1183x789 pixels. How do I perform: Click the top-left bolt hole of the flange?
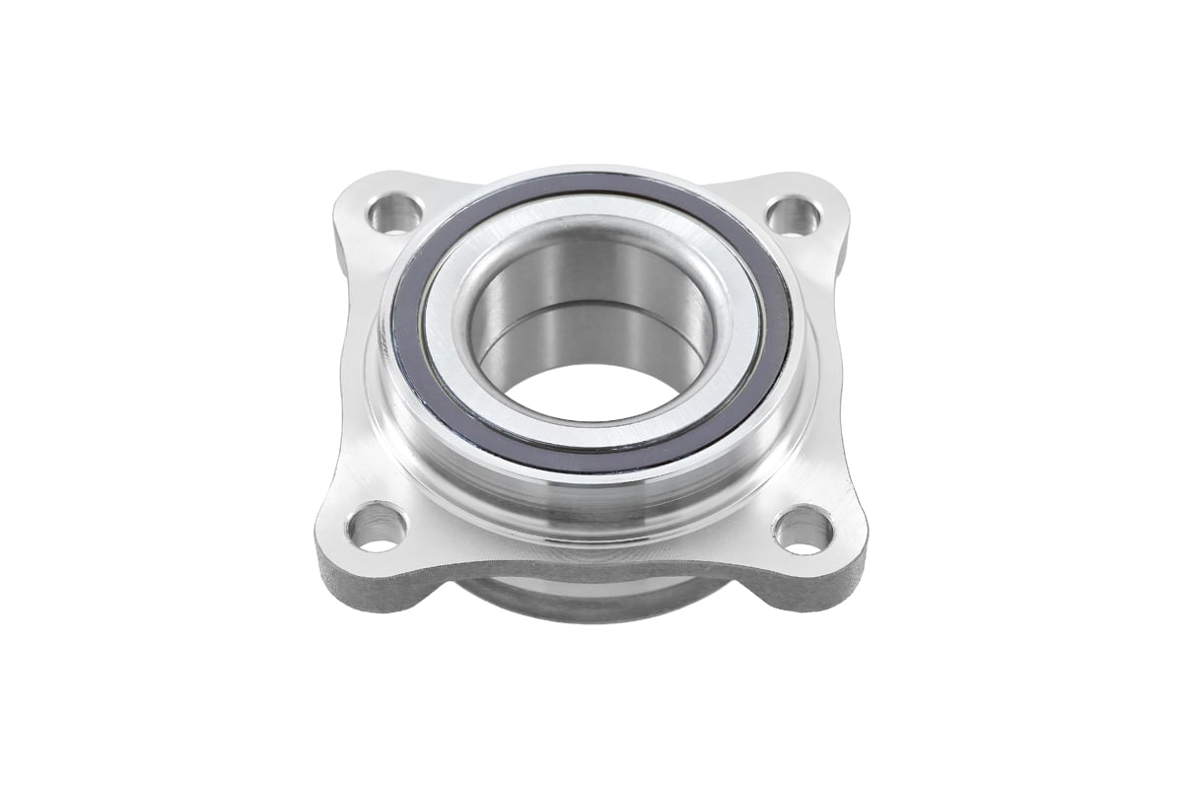tap(393, 213)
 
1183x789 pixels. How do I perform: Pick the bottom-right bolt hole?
tap(803, 531)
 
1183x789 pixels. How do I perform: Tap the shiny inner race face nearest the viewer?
tap(591, 434)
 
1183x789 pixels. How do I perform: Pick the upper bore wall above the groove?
tap(591, 266)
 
